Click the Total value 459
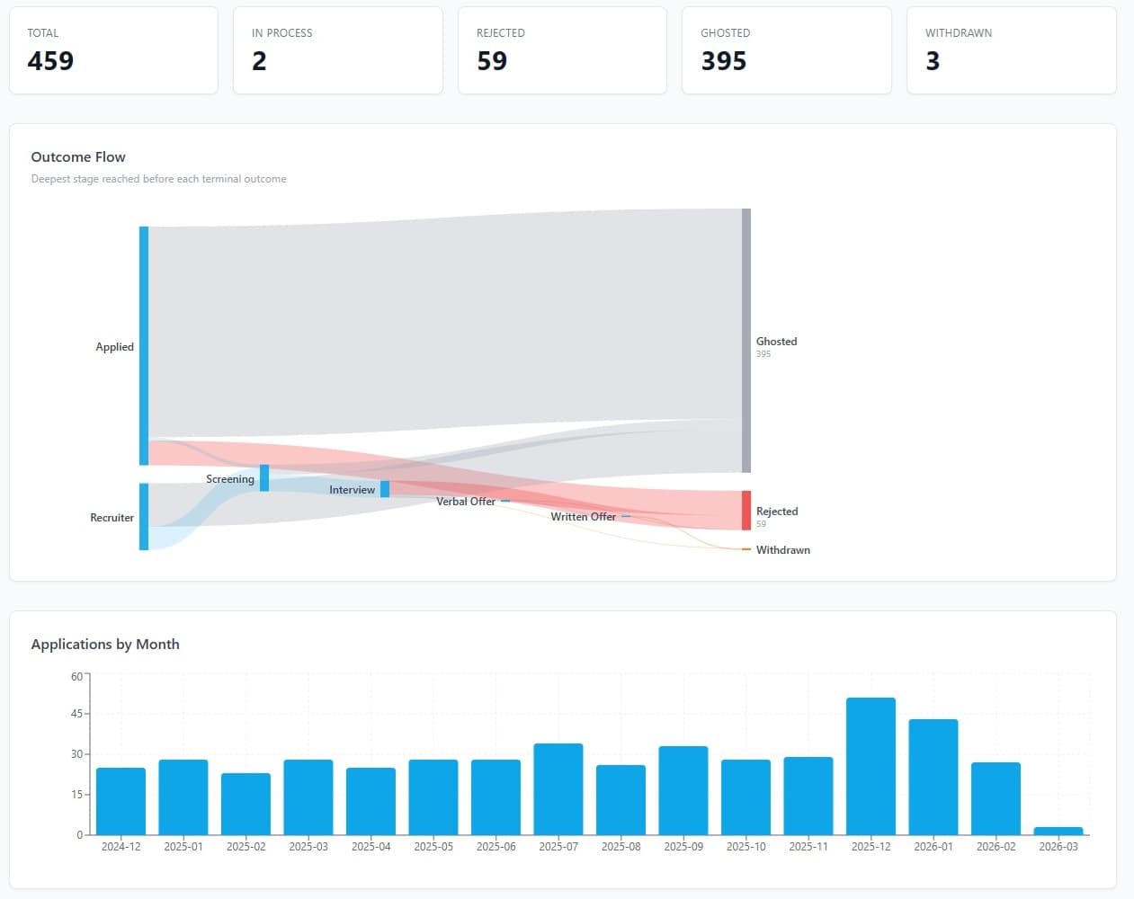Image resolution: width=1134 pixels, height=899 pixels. tap(50, 61)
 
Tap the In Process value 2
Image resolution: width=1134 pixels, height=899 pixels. tap(259, 61)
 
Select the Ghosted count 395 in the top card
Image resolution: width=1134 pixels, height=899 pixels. tap(724, 61)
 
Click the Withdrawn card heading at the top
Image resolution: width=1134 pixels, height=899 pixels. tap(959, 33)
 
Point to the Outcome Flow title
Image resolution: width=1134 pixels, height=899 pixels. tap(78, 157)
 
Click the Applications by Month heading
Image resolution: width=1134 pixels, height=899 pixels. tap(105, 645)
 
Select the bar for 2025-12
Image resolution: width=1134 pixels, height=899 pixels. tap(871, 766)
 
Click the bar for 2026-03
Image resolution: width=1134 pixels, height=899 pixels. tap(1058, 831)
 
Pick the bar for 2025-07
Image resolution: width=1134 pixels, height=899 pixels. tap(558, 788)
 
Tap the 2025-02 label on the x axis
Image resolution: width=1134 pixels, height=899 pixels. tap(246, 847)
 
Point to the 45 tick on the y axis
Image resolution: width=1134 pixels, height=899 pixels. tap(76, 714)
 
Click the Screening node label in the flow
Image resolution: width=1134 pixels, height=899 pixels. tap(230, 479)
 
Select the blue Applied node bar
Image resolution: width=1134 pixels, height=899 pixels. tap(144, 346)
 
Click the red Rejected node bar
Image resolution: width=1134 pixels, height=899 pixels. tap(746, 511)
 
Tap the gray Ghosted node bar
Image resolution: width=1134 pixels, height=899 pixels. tap(746, 341)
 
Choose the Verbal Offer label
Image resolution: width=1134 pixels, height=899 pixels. tap(466, 502)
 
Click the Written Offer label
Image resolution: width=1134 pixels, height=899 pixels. tap(583, 517)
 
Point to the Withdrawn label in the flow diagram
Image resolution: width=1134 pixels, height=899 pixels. tap(782, 550)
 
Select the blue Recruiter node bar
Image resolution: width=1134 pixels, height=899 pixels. tap(144, 517)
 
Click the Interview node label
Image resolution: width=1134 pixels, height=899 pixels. tap(352, 490)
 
